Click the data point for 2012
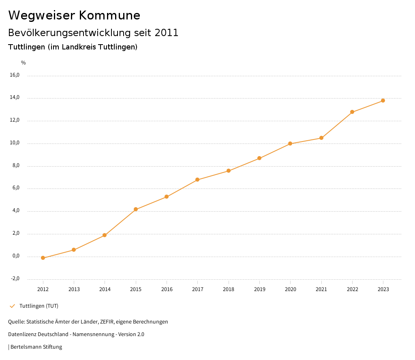(x=43, y=258)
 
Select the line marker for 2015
(x=136, y=209)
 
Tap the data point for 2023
(x=383, y=101)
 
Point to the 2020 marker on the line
(x=290, y=144)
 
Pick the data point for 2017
(x=197, y=180)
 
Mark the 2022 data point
(x=352, y=112)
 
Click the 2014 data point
(x=105, y=235)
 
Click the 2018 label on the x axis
(x=229, y=289)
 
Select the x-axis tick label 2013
(x=74, y=289)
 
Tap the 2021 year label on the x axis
(x=321, y=289)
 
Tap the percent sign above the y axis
(x=24, y=63)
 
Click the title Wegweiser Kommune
(x=74, y=15)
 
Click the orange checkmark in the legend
(x=12, y=306)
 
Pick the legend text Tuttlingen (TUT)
(x=39, y=306)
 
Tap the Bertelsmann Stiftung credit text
(x=36, y=347)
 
